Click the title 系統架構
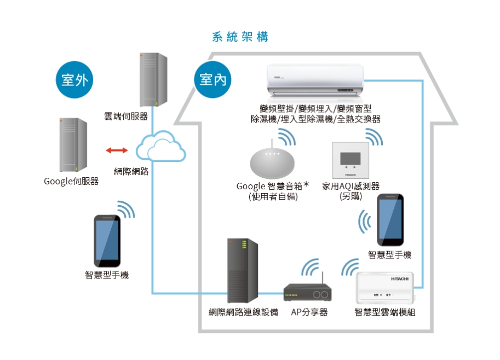pos(240,37)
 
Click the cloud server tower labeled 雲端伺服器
pos(153,80)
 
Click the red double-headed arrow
pos(117,150)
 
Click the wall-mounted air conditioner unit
pos(315,80)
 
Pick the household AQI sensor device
pos(350,159)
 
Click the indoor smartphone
pos(390,219)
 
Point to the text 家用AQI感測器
pos(350,186)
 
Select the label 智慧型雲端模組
pos(384,312)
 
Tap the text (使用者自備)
pos(273,196)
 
